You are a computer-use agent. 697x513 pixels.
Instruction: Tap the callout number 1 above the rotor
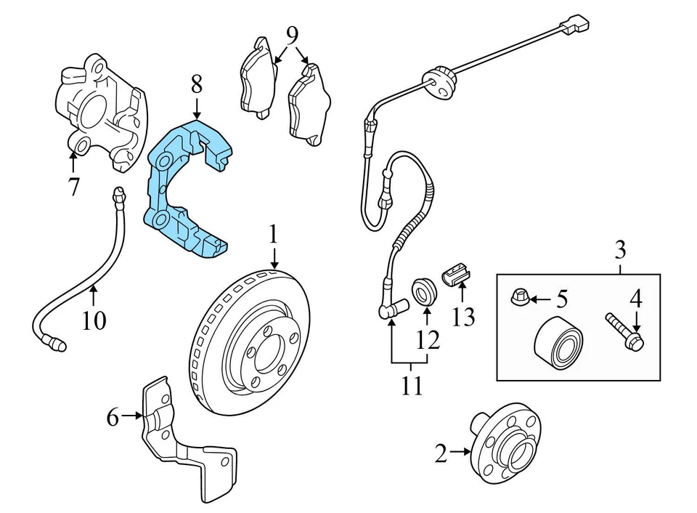point(273,235)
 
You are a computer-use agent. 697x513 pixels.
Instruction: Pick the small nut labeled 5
point(513,299)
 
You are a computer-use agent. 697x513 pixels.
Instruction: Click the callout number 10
point(94,319)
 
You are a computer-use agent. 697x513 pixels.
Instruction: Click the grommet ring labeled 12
point(423,291)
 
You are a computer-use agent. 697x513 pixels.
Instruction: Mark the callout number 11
point(412,386)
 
